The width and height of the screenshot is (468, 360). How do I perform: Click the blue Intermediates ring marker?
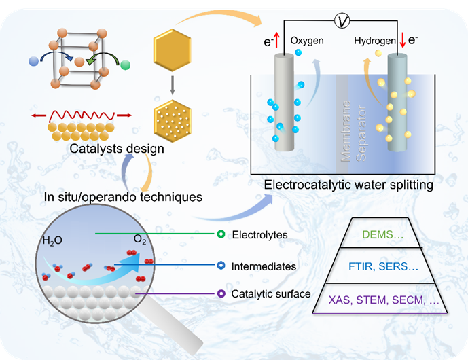coord(220,266)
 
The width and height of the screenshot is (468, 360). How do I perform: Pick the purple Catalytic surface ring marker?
coord(220,294)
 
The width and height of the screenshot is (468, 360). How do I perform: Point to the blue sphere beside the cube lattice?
coord(34,62)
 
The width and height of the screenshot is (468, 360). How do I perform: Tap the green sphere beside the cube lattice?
coord(124,65)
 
